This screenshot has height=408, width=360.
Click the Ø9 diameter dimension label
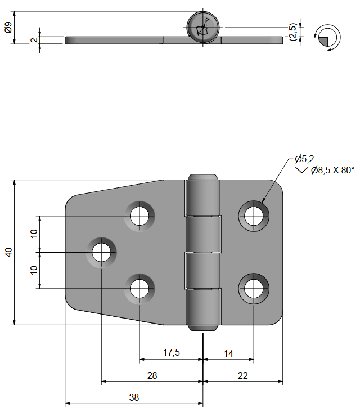(8, 27)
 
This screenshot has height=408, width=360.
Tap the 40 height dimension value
(8, 253)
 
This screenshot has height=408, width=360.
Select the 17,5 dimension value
(171, 353)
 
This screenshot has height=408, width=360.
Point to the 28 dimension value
(151, 375)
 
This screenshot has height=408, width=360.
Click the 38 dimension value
(134, 397)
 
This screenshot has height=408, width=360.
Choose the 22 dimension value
(242, 375)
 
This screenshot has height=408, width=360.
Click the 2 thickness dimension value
(34, 40)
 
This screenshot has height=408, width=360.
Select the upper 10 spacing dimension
(34, 234)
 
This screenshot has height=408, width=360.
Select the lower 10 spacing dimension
(34, 270)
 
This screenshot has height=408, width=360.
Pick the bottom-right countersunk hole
(254, 288)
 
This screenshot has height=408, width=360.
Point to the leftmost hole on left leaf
(101, 252)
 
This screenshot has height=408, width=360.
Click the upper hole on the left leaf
(139, 215)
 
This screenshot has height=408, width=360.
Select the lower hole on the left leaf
(139, 288)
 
